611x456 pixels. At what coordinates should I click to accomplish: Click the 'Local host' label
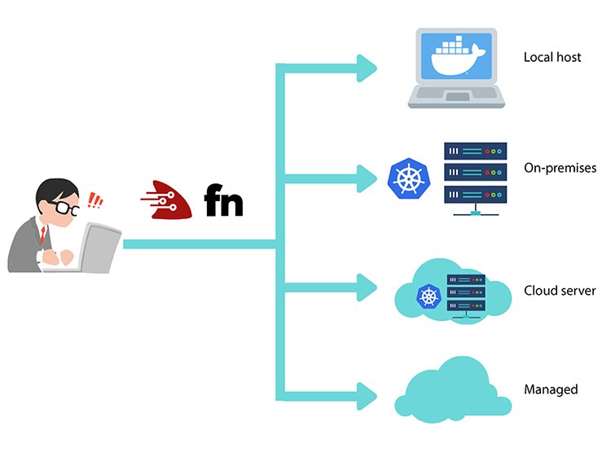pyautogui.click(x=552, y=58)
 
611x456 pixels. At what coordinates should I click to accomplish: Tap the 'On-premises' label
pyautogui.click(x=560, y=168)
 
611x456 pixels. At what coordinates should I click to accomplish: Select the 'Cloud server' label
pyautogui.click(x=560, y=291)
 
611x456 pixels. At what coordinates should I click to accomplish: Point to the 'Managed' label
pyautogui.click(x=552, y=389)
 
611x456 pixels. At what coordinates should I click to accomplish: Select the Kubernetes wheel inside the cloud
pyautogui.click(x=429, y=296)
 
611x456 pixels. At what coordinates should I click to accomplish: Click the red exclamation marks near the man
pyautogui.click(x=96, y=200)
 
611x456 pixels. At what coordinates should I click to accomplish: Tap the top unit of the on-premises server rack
pyautogui.click(x=475, y=151)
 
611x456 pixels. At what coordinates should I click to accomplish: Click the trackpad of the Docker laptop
pyautogui.click(x=456, y=98)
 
